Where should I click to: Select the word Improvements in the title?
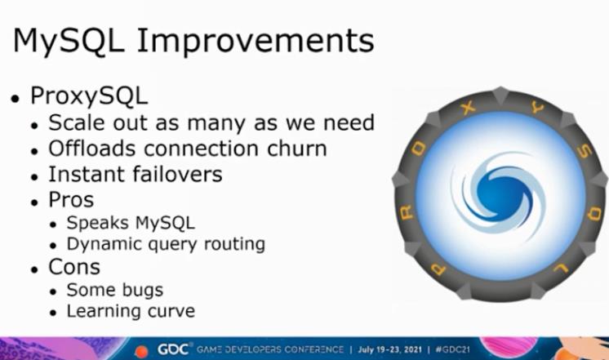tap(256, 41)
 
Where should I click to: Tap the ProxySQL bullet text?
tap(89, 96)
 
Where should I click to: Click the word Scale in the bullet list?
tap(77, 122)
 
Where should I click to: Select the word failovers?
tap(177, 174)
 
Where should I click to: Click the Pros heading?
tap(71, 200)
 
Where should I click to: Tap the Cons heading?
tap(74, 267)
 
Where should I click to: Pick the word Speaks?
tap(97, 224)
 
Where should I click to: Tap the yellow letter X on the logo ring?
tap(469, 108)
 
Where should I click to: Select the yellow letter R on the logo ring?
tap(407, 212)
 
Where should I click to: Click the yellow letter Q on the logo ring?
tap(593, 213)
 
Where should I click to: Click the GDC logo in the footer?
tap(173, 349)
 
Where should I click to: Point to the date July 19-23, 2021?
tap(390, 349)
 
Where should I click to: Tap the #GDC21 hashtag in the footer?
tap(452, 349)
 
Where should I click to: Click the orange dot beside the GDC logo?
tap(141, 351)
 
